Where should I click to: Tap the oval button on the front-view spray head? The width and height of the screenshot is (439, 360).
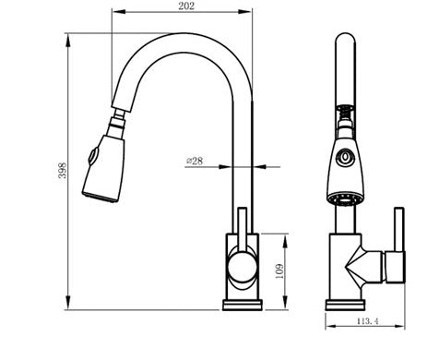pyautogui.click(x=345, y=158)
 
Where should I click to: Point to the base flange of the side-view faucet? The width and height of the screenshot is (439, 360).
pyautogui.click(x=242, y=304)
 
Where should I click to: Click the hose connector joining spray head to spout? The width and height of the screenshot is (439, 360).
pyautogui.click(x=117, y=121)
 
